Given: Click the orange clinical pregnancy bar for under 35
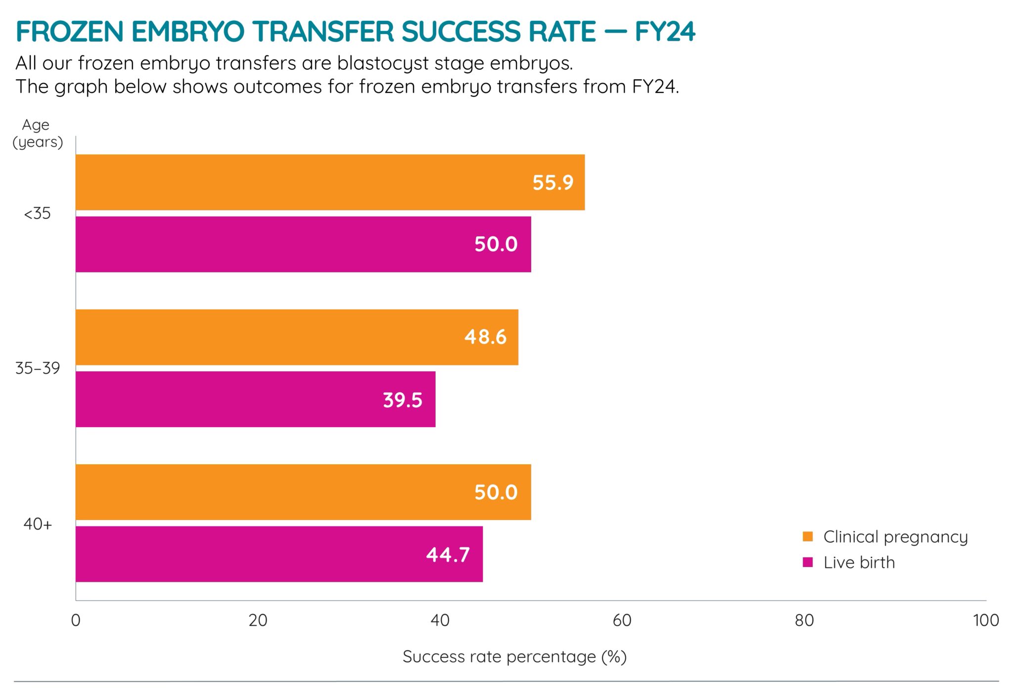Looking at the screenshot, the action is click(x=330, y=182).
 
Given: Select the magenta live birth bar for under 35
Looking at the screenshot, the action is click(x=303, y=244).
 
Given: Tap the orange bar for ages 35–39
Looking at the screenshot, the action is click(x=297, y=337).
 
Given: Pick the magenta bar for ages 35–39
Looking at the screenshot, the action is click(x=255, y=399).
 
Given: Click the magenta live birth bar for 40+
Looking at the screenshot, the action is click(x=279, y=554).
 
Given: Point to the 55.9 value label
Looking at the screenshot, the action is click(x=553, y=183).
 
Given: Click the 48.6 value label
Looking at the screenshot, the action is click(x=485, y=337).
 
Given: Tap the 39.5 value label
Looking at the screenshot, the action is click(x=403, y=400).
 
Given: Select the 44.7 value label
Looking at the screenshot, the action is click(x=448, y=555).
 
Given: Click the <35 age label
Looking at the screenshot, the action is click(x=38, y=214).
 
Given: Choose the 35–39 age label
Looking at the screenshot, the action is click(x=38, y=368).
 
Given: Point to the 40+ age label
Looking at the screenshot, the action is click(x=38, y=524).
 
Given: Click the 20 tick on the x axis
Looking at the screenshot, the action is click(x=258, y=620).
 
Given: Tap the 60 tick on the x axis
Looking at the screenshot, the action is click(x=622, y=620).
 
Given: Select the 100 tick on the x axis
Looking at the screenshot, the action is click(x=986, y=620).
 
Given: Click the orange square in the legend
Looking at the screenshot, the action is click(x=808, y=536).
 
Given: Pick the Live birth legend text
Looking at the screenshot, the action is click(x=859, y=563).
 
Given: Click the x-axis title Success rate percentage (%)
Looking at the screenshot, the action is click(x=514, y=656).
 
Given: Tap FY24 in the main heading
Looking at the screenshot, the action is click(x=665, y=32).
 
